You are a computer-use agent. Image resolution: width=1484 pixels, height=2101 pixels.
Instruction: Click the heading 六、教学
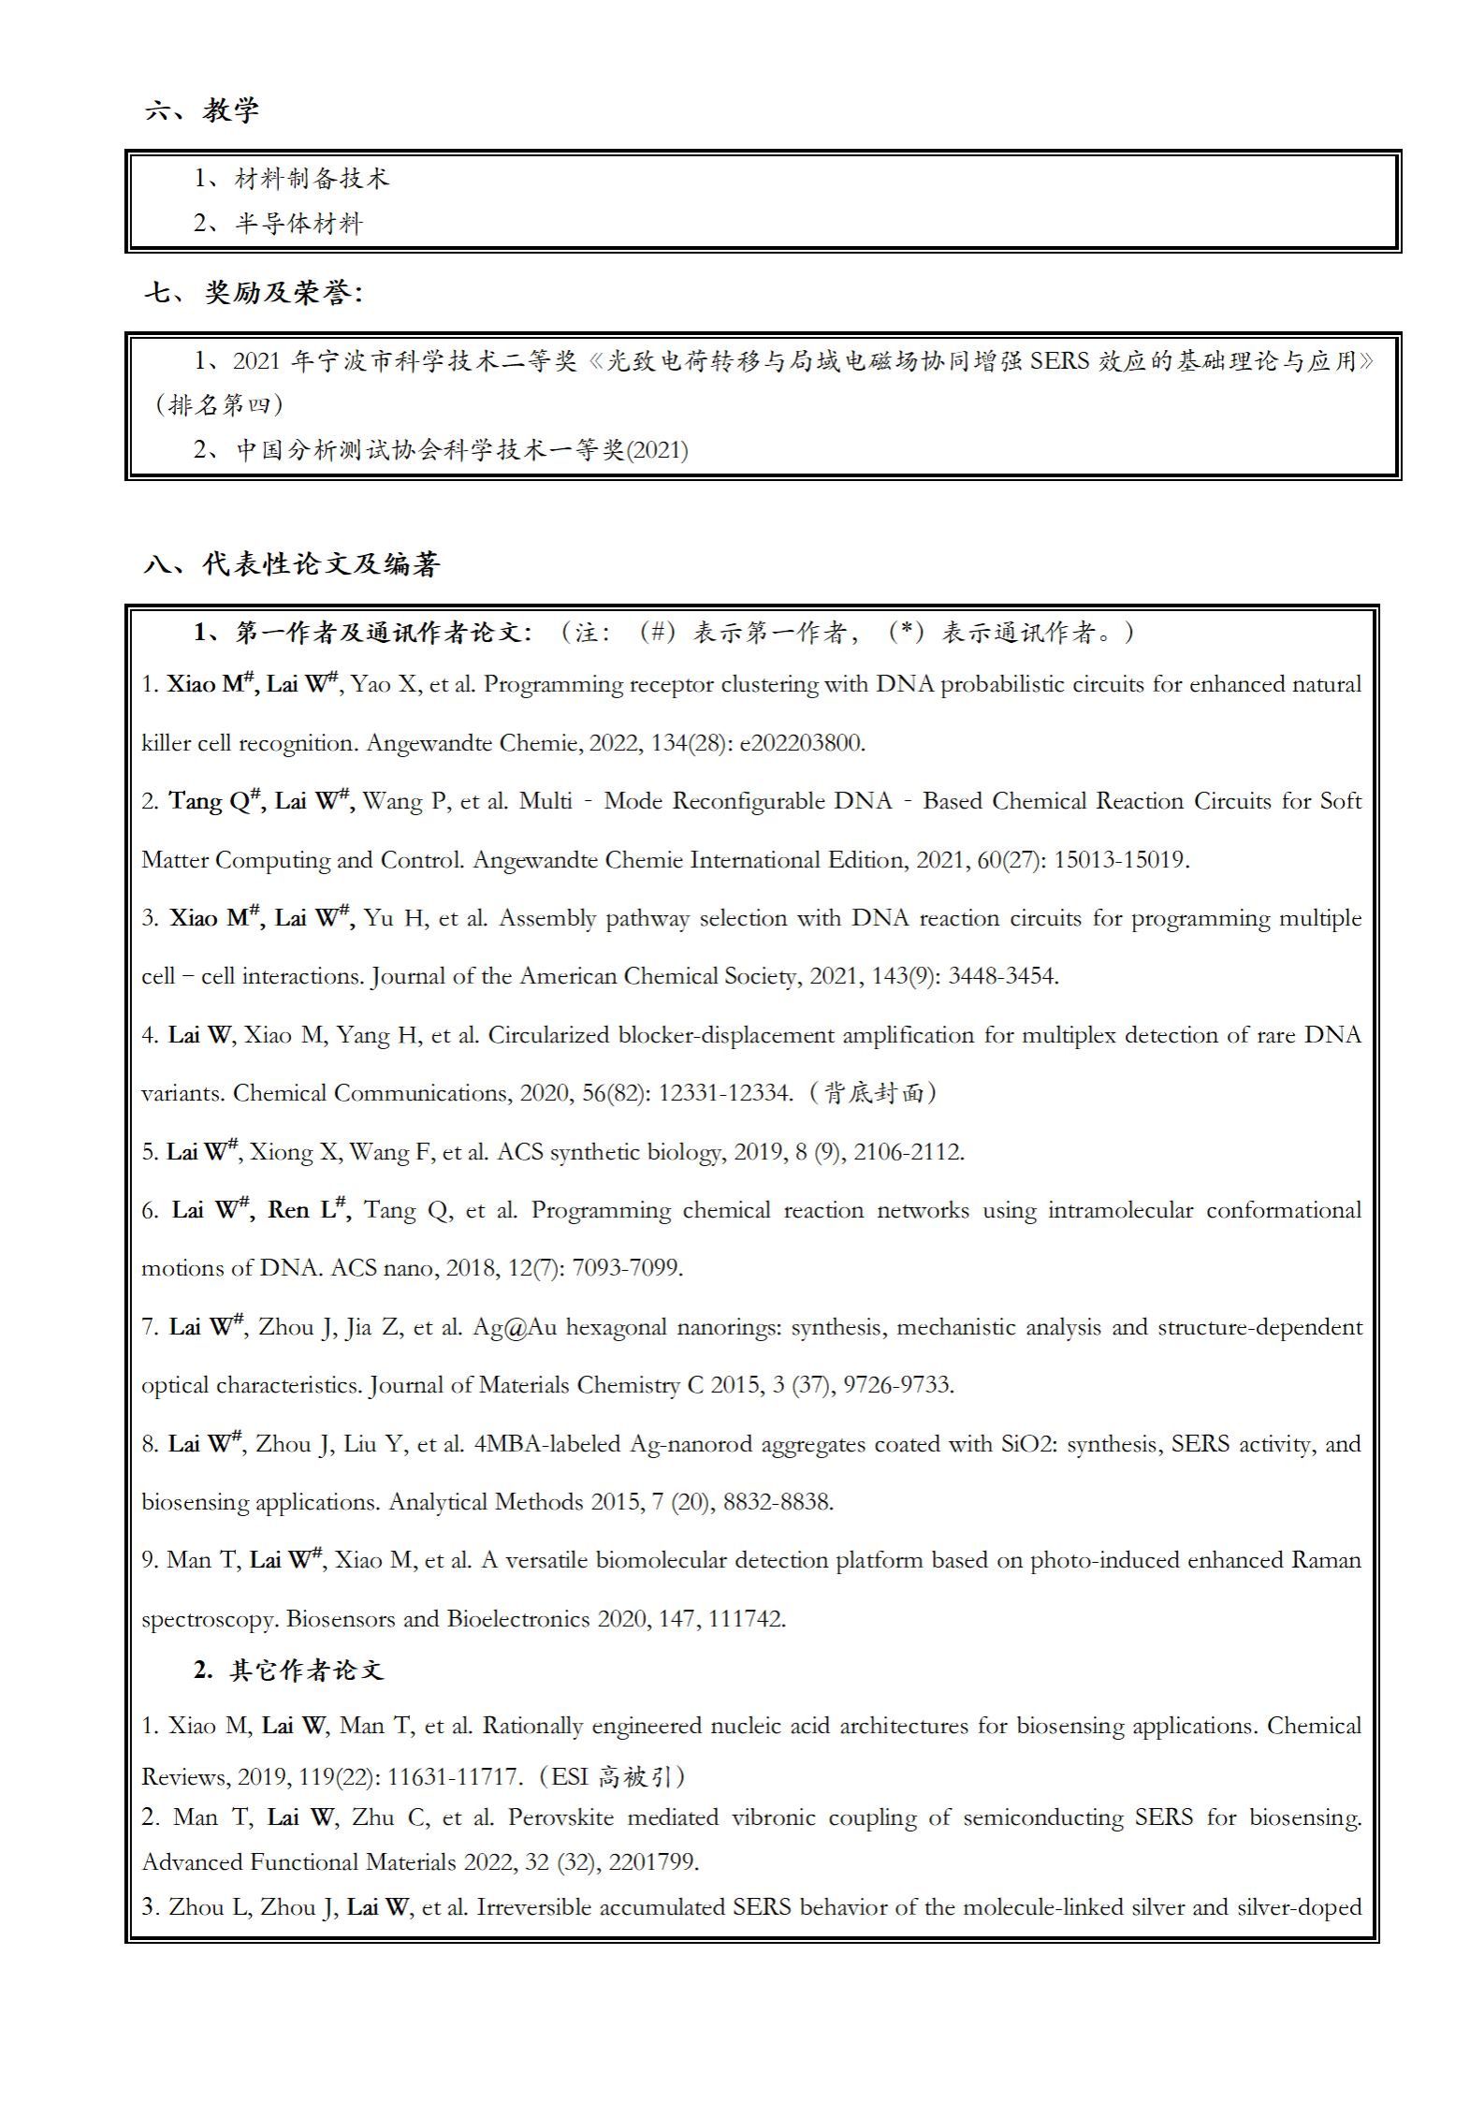(202, 110)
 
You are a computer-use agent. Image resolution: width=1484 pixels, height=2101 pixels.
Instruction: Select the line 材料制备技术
(311, 179)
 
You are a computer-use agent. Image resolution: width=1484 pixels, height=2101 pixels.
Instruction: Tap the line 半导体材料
(298, 224)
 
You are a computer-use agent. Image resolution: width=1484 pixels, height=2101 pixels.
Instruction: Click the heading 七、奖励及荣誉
(253, 293)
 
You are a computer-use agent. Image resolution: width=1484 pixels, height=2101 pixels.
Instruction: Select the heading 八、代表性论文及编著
(292, 564)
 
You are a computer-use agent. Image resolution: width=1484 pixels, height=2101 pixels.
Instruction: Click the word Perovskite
(560, 1817)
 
